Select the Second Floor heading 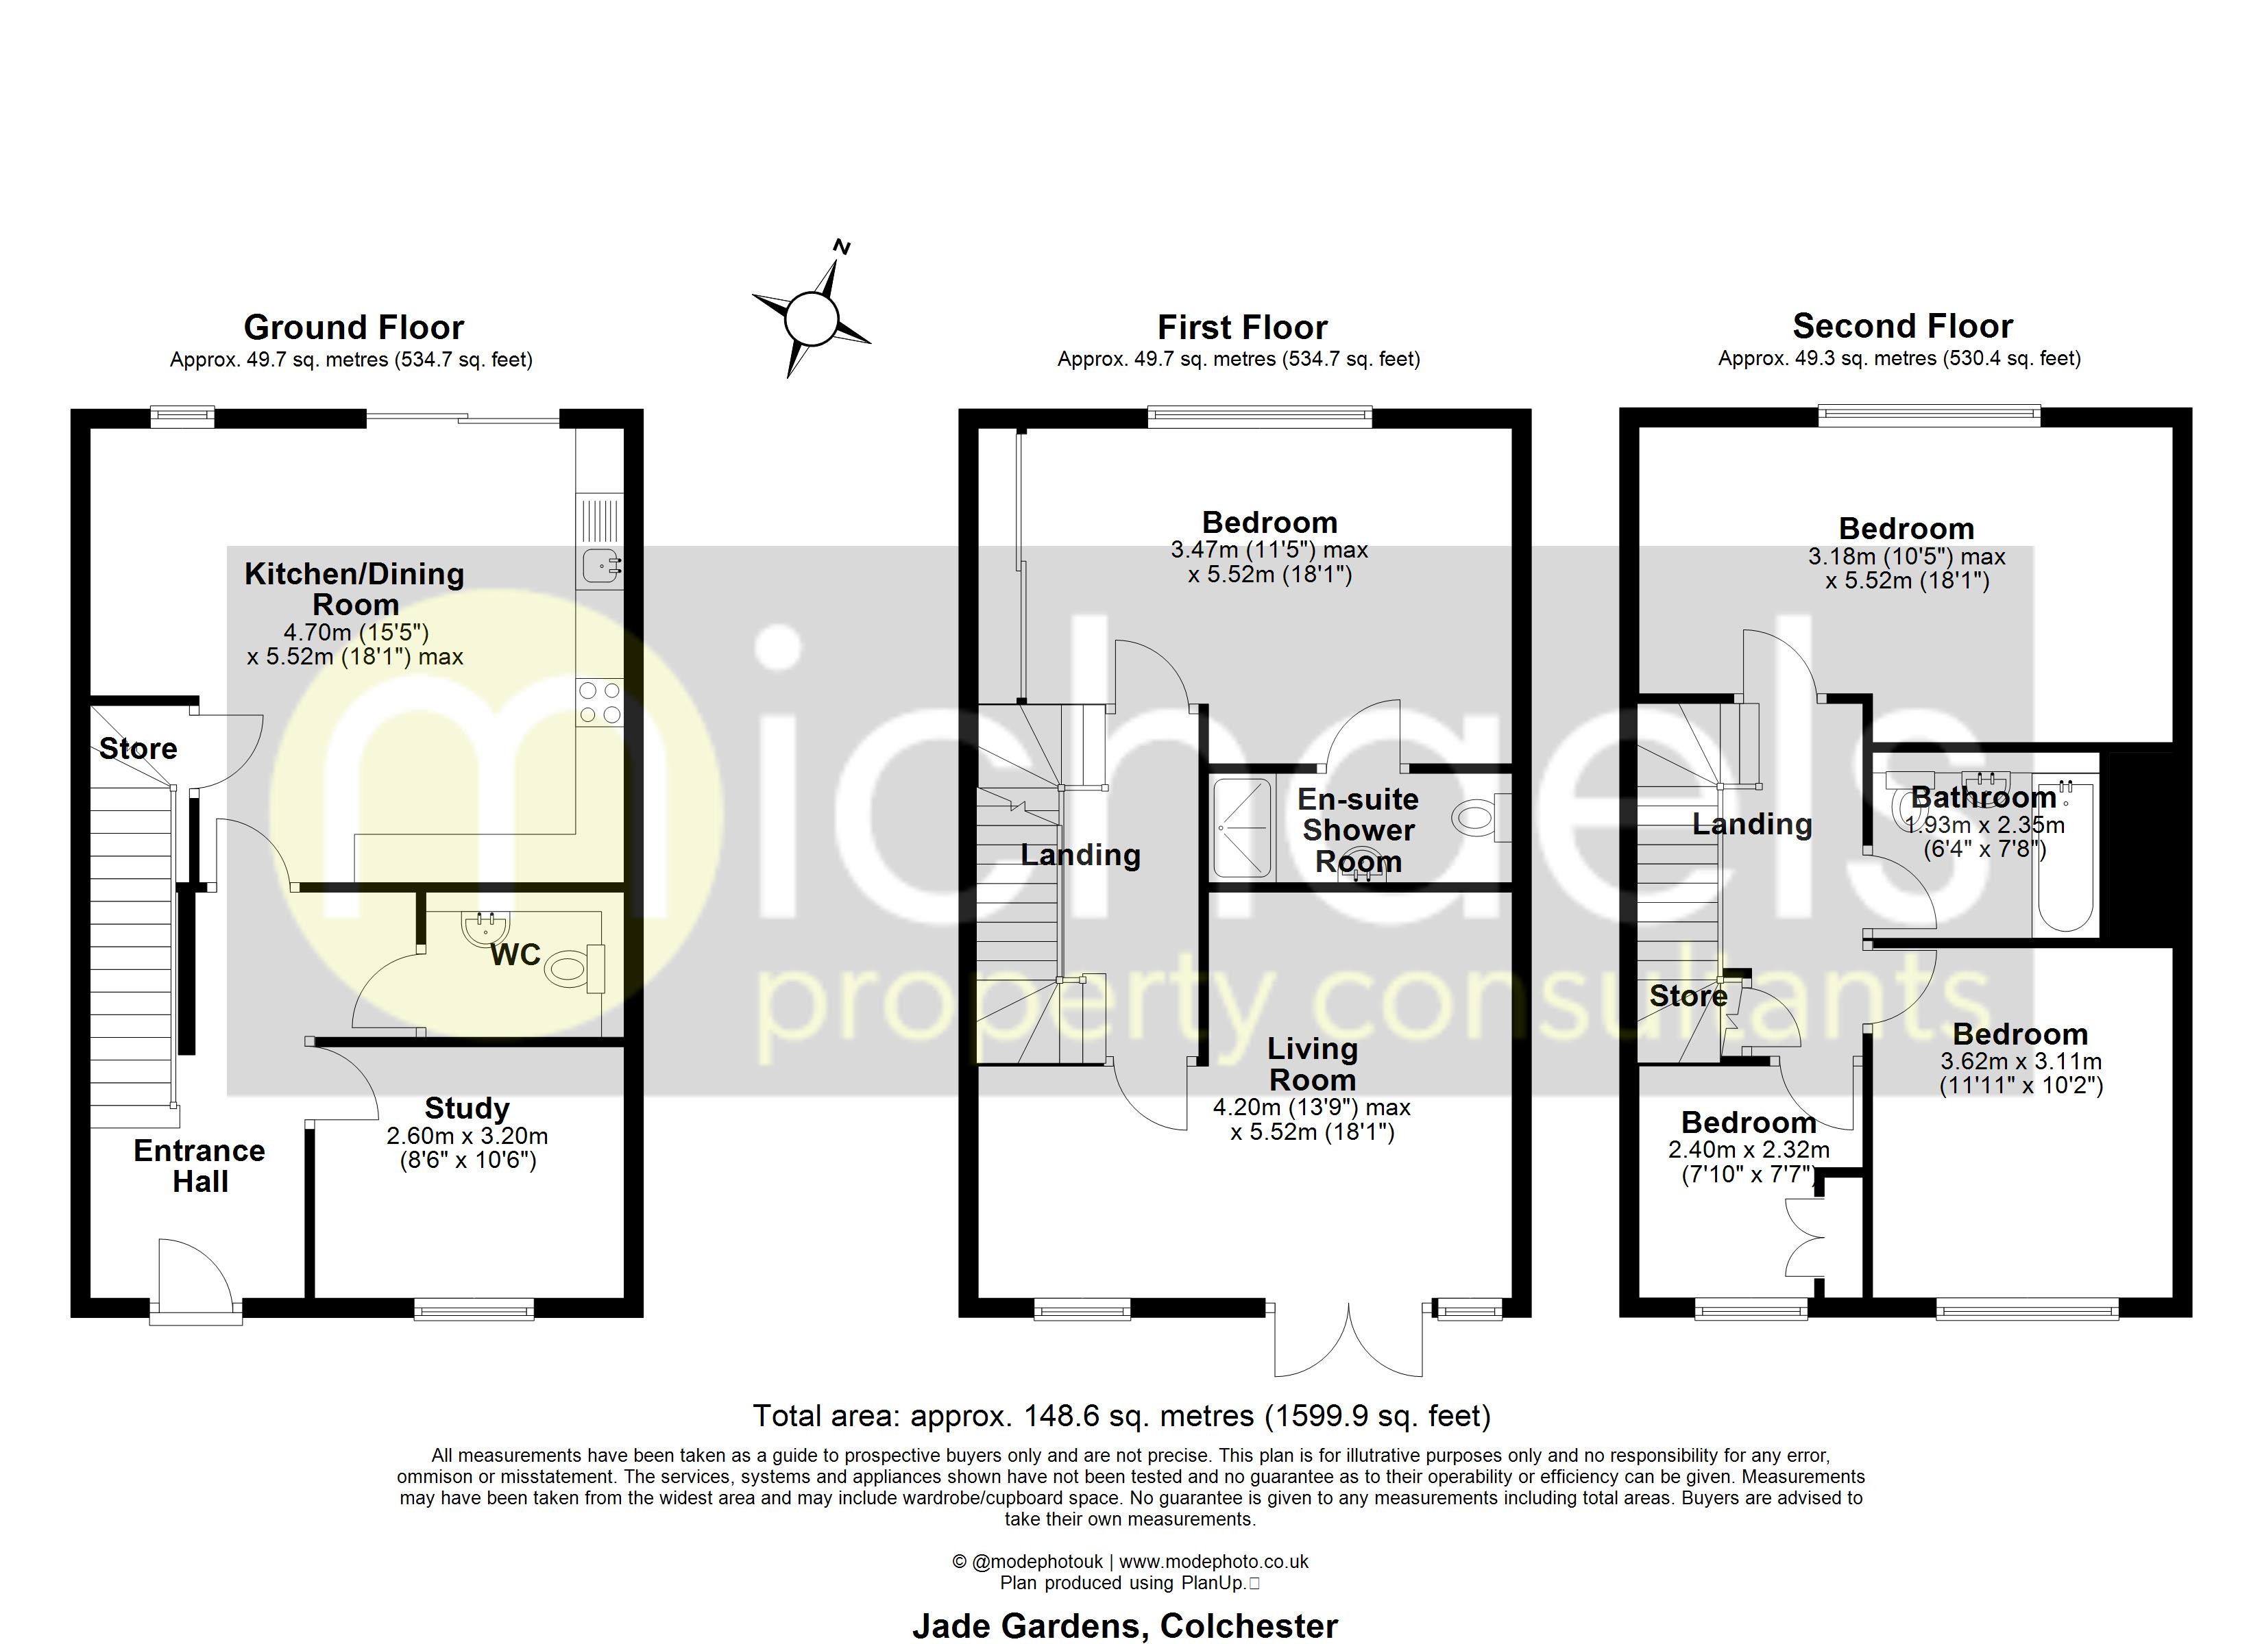(1902, 326)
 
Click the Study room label (467, 1108)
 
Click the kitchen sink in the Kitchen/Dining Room (600, 565)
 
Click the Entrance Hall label (199, 1165)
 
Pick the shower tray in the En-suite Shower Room (1243, 828)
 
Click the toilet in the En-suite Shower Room (1482, 819)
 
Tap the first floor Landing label (1080, 854)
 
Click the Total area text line (1121, 1416)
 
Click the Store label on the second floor (1688, 995)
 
